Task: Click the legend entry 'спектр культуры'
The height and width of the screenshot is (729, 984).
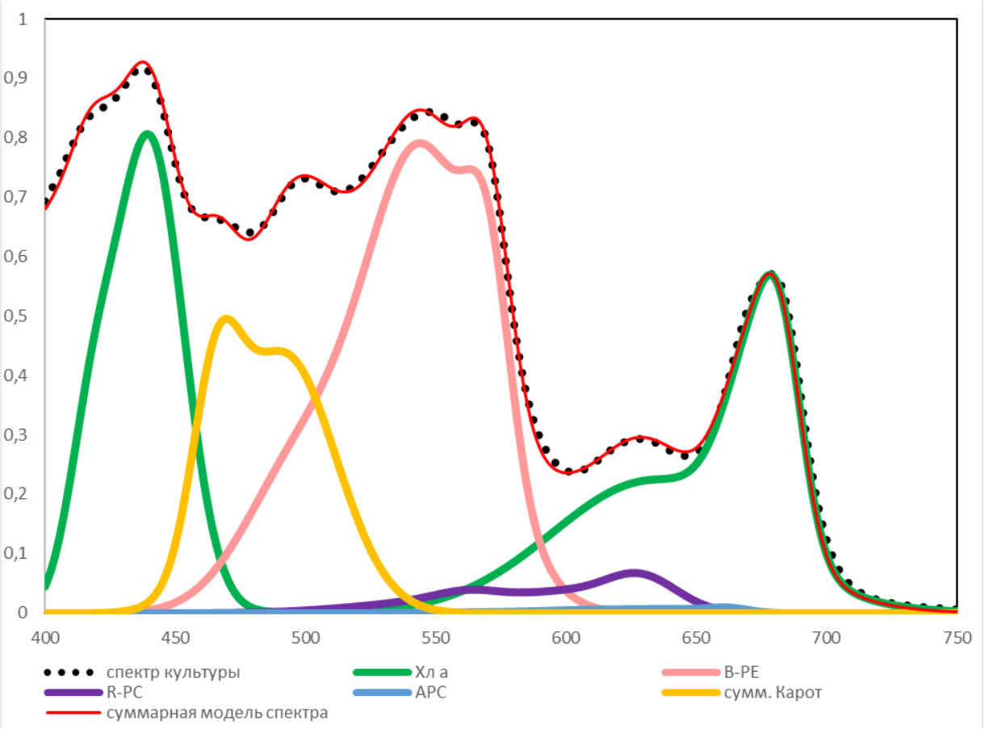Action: [x=173, y=672]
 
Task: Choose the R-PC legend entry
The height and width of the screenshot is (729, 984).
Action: [x=122, y=692]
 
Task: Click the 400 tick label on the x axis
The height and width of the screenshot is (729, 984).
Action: [x=45, y=638]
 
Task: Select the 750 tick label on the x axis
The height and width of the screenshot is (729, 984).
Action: [x=956, y=638]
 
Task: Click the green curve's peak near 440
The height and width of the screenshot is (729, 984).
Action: [x=147, y=133]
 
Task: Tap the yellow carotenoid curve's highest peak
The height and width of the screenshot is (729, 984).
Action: [x=226, y=318]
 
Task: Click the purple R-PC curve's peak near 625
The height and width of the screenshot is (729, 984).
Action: [x=634, y=573]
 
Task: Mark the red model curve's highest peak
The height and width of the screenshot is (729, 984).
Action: [x=143, y=62]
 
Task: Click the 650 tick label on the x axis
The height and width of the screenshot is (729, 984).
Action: [x=696, y=638]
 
